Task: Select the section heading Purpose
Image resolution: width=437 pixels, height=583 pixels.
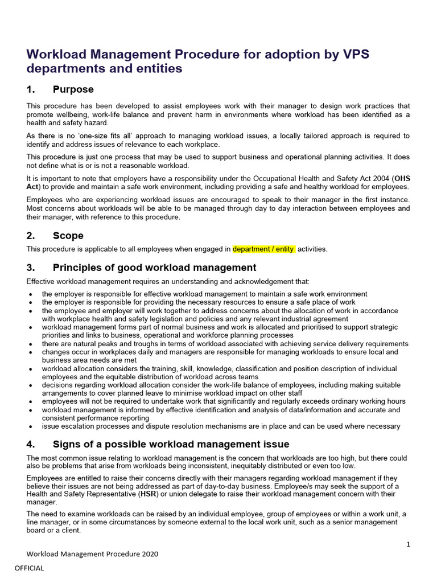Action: [73, 89]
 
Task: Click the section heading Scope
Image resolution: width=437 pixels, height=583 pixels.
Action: [68, 236]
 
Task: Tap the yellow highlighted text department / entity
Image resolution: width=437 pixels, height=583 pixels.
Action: [263, 249]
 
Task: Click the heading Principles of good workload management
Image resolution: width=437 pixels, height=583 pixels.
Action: [154, 268]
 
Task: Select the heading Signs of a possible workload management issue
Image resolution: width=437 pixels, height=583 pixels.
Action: [171, 444]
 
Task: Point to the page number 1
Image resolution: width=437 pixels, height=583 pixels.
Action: [408, 544]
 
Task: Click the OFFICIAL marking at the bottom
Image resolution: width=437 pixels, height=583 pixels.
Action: [29, 568]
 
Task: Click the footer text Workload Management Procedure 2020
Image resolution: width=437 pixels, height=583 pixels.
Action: [93, 554]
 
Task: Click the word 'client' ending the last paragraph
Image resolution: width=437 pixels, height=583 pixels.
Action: [69, 529]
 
